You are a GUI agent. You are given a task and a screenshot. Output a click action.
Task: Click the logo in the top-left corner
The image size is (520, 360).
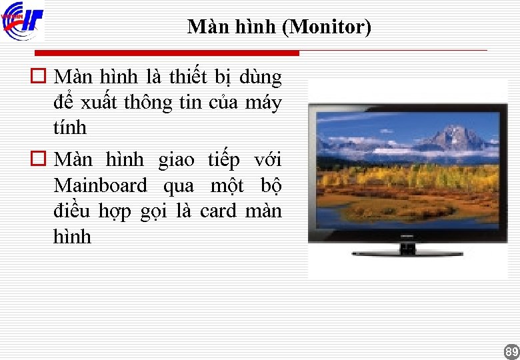23,22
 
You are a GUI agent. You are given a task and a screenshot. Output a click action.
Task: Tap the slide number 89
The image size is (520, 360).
511,351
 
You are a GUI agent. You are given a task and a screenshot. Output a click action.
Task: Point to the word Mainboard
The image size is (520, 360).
100,185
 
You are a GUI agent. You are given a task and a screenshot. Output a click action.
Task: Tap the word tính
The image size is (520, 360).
70,127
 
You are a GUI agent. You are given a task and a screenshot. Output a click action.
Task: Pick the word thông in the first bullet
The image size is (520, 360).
157,103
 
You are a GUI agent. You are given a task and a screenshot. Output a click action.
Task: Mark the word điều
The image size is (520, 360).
72,211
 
